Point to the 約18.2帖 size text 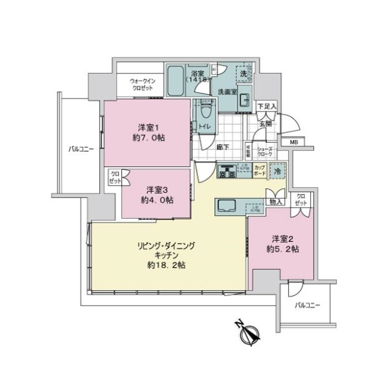point(165,264)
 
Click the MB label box point(293,143)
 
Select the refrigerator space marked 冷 point(277,172)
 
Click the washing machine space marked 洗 point(243,74)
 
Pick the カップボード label point(259,172)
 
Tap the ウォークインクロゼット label point(142,84)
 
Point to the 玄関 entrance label point(265,123)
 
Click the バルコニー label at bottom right point(308,305)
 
